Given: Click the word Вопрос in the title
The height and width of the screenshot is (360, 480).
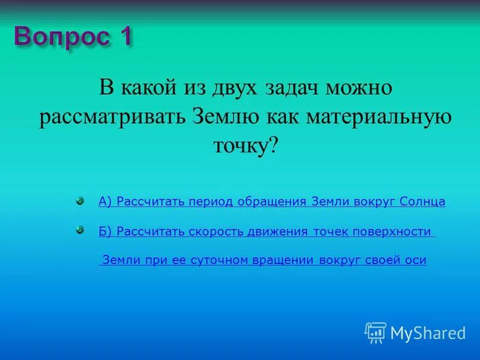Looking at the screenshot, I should [x=60, y=37].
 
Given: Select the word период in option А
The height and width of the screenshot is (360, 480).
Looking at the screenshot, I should [x=211, y=202].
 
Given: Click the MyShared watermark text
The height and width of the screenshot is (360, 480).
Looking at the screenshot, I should [x=428, y=332].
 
